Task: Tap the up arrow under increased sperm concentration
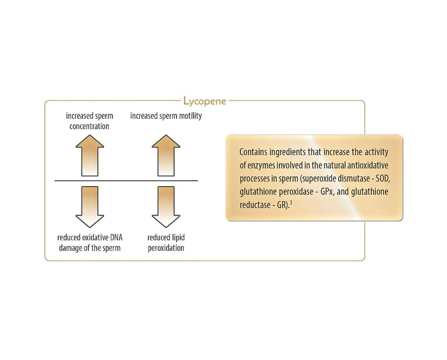[90, 155]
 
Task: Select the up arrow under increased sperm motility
[166, 155]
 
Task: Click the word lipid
[177, 238]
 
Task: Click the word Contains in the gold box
[253, 151]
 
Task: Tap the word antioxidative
[366, 164]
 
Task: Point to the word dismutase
[348, 177]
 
